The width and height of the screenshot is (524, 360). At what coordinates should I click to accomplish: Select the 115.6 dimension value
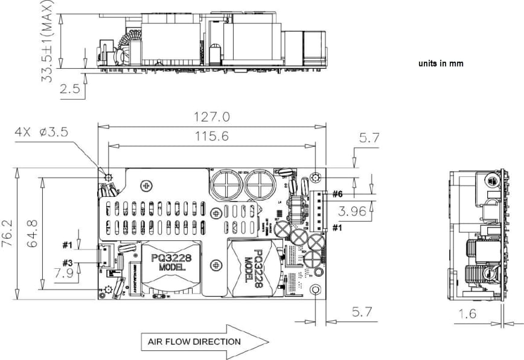point(211,137)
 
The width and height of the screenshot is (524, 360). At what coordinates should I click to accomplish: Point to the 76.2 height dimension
point(7,233)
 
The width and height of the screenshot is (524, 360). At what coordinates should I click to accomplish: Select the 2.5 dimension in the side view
point(70,89)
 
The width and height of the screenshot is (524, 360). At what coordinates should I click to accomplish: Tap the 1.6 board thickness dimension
point(467,313)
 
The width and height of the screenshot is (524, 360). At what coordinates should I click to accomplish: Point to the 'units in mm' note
point(441,63)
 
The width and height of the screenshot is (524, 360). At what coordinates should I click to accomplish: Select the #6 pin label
point(336,194)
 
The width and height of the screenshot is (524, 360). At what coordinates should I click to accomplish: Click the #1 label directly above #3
point(67,245)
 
